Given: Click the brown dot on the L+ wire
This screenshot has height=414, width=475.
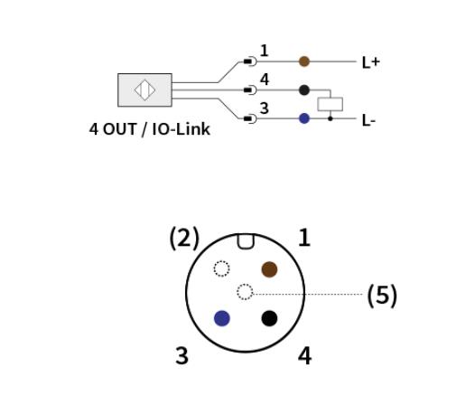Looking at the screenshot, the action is (304, 61).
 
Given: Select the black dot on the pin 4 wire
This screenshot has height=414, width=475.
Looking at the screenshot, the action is (304, 90).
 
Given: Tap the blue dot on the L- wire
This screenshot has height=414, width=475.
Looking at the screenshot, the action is (304, 118).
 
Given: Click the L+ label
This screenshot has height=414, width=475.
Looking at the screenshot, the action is (371, 62).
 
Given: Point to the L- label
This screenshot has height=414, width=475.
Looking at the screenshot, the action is (368, 121).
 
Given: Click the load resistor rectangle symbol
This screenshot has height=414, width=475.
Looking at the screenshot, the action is (331, 104).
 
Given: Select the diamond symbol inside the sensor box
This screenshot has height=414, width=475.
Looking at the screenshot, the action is (144, 90).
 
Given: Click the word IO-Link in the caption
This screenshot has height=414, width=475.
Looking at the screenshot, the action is (181, 129).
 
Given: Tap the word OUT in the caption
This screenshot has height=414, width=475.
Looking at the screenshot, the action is (119, 129).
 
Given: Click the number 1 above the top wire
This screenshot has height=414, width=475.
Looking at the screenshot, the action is (265, 51).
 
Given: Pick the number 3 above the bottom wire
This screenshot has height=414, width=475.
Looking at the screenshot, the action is (265, 108).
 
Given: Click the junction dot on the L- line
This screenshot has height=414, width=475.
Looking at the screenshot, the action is (331, 118).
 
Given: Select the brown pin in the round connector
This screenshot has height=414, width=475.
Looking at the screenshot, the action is (269, 269).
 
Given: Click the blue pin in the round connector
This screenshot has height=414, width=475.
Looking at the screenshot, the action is (222, 318).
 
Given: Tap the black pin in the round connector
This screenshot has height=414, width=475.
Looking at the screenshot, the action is (269, 318).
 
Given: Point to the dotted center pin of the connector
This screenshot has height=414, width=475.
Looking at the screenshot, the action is (245, 292).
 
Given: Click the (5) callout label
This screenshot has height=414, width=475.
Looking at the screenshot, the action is (382, 296).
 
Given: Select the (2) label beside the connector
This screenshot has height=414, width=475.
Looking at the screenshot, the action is (184, 239).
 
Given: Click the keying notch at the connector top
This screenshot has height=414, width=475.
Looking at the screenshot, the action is (246, 241).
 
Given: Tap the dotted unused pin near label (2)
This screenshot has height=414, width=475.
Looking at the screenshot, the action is (222, 268).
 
